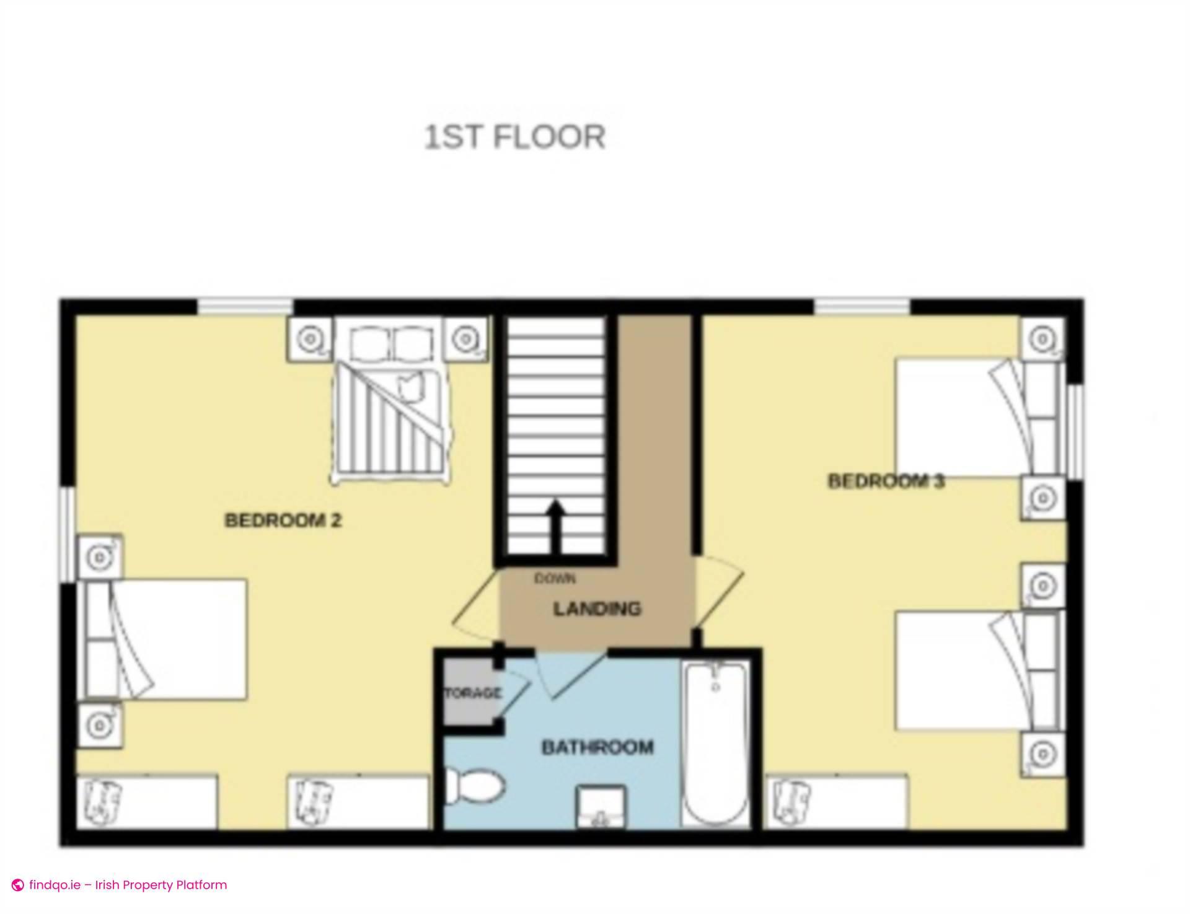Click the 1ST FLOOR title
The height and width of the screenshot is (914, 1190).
(514, 137)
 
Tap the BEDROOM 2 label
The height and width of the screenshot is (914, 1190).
(283, 520)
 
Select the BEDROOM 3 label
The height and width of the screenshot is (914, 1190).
(886, 481)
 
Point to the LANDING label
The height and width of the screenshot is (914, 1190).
(597, 609)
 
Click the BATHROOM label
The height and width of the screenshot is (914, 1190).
(597, 747)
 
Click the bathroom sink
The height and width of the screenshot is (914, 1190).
(599, 807)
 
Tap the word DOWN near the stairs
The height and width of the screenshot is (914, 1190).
(555, 578)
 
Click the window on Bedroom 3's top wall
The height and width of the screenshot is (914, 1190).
(862, 306)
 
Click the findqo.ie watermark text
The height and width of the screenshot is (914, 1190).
(128, 885)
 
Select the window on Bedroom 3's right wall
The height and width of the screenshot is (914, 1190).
(1077, 431)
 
